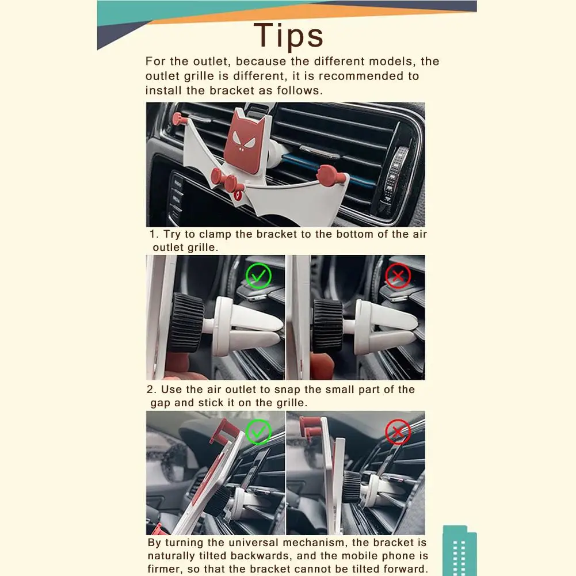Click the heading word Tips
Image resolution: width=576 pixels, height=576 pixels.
click(x=288, y=36)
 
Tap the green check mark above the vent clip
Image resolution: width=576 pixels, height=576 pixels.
click(x=258, y=276)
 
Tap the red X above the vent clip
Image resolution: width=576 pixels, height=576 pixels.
click(x=398, y=276)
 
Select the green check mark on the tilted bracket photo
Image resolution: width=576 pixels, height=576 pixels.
click(x=258, y=432)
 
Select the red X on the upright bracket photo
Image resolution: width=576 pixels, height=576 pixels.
click(x=398, y=432)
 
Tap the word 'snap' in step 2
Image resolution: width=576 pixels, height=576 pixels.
click(x=287, y=390)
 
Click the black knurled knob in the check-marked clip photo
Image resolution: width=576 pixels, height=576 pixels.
click(x=186, y=323)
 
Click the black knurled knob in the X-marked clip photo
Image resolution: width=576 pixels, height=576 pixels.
click(x=327, y=324)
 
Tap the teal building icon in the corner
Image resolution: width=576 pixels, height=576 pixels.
click(x=460, y=550)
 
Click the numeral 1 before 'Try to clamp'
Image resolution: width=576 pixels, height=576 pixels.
click(x=153, y=234)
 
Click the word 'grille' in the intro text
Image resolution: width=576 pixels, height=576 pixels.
click(x=199, y=77)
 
